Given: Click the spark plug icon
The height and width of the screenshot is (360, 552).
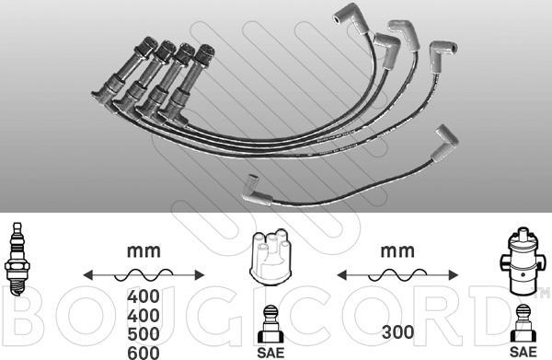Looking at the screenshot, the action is (17, 260).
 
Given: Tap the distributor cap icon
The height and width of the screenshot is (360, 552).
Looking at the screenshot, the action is (270, 257).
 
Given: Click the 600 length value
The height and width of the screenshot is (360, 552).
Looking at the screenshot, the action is (144, 353).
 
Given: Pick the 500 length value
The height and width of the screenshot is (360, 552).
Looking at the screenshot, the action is (144, 334).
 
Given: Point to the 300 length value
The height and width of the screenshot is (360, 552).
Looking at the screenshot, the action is (397, 331).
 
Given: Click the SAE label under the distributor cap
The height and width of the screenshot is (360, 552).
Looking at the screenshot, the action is (270, 353).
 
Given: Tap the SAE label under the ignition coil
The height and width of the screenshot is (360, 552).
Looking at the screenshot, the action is (523, 352).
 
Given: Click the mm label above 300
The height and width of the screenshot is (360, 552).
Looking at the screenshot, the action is (397, 250).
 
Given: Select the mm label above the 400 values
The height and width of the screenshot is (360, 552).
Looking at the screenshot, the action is (144, 250).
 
